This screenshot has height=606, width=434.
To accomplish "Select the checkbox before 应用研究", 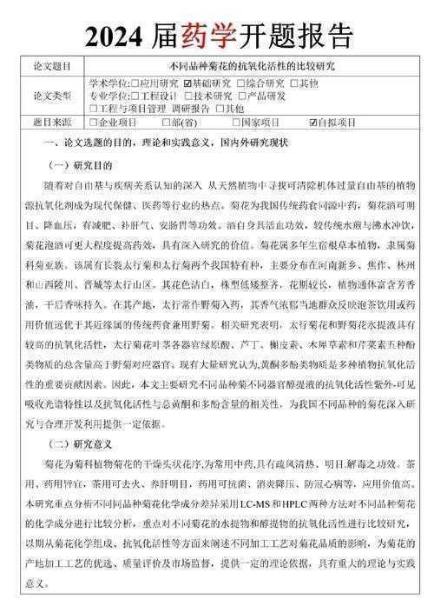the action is point(133,83).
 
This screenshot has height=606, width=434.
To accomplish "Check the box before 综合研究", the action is point(239,83).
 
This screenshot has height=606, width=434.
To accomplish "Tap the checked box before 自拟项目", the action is point(314,123).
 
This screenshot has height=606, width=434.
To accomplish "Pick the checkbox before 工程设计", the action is point(133,96).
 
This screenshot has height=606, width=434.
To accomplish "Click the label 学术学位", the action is point(106,83).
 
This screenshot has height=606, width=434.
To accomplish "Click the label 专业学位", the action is point(106,96).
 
